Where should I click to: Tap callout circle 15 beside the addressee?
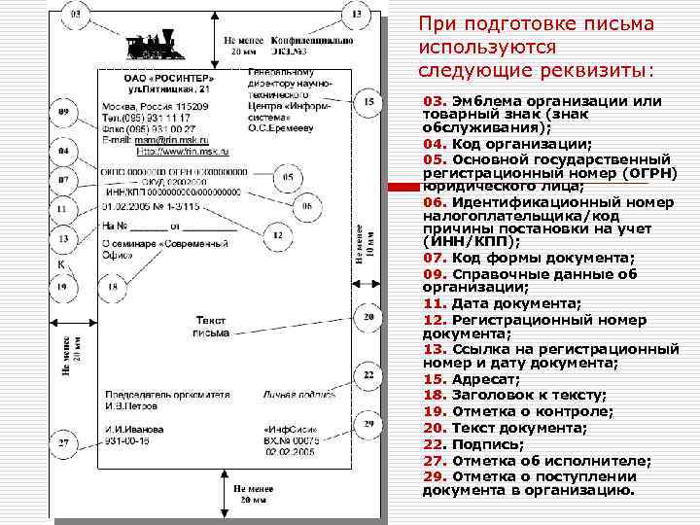(367, 101)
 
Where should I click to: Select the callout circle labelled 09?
(63, 114)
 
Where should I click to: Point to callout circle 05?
(288, 178)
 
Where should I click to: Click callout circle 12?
(277, 234)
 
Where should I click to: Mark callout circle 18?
(113, 287)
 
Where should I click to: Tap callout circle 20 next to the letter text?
(367, 317)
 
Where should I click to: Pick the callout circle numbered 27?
(63, 443)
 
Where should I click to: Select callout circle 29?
(368, 424)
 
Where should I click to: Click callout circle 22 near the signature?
(368, 374)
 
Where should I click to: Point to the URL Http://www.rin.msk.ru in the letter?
(180, 152)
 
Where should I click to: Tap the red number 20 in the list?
(434, 428)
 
